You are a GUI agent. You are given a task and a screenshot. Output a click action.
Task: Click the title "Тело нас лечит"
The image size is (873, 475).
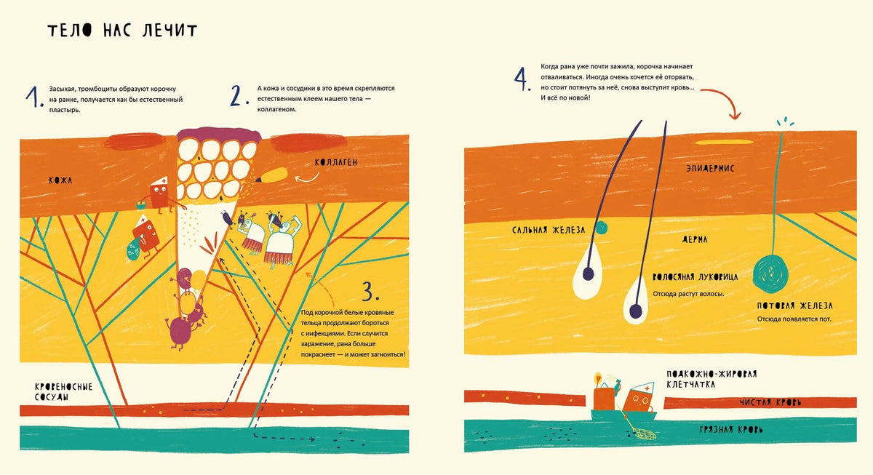(x=122, y=31)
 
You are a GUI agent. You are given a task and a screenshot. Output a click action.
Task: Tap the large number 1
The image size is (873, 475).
(x=34, y=97)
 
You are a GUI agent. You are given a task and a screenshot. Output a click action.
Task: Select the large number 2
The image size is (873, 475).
(x=239, y=96)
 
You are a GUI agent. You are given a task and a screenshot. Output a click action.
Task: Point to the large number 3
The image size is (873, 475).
(x=370, y=291)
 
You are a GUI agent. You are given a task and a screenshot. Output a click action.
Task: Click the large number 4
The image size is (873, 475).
(x=522, y=79)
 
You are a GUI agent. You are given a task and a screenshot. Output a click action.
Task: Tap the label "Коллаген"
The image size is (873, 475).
(x=336, y=162)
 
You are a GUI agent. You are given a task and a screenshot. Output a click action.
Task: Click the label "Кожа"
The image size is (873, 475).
(x=60, y=180)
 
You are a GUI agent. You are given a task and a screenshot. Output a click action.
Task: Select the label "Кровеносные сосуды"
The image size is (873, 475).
(x=63, y=392)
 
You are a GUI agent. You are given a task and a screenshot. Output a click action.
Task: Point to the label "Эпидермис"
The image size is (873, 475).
(x=710, y=168)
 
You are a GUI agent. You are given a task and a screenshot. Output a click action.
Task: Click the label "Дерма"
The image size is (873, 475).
(x=695, y=239)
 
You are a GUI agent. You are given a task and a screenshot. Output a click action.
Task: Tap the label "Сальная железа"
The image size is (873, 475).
(x=549, y=231)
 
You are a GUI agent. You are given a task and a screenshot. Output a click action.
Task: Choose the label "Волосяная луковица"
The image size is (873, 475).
(x=695, y=277)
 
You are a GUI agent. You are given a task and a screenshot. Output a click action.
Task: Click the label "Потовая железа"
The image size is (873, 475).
(x=794, y=306)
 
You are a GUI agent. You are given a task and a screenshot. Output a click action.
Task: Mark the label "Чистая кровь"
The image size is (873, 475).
(x=770, y=402)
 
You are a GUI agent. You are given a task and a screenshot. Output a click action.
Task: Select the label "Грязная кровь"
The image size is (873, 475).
(x=731, y=430)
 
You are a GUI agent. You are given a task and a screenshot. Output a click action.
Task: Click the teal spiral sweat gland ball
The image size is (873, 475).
(x=771, y=274)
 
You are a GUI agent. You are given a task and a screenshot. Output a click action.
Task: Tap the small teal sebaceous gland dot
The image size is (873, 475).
(x=602, y=228)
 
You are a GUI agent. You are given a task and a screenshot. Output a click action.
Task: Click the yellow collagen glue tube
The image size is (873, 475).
(x=271, y=175)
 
